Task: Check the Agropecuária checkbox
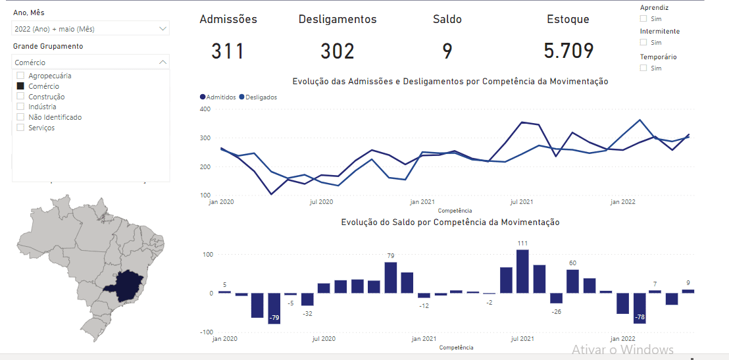point(20,76)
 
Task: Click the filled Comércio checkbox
point(20,86)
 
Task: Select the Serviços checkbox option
point(20,128)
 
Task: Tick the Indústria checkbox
point(20,107)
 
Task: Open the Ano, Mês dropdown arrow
point(163,29)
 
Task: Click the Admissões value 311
point(228,51)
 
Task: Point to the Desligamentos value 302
point(338,51)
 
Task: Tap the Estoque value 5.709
point(568,51)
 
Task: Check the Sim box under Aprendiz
point(643,19)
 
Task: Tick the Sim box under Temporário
point(643,68)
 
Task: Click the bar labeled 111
point(523,271)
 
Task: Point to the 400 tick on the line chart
point(204,109)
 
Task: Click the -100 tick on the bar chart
point(207,332)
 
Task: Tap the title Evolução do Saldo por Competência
point(450,222)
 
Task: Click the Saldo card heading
point(447,20)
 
